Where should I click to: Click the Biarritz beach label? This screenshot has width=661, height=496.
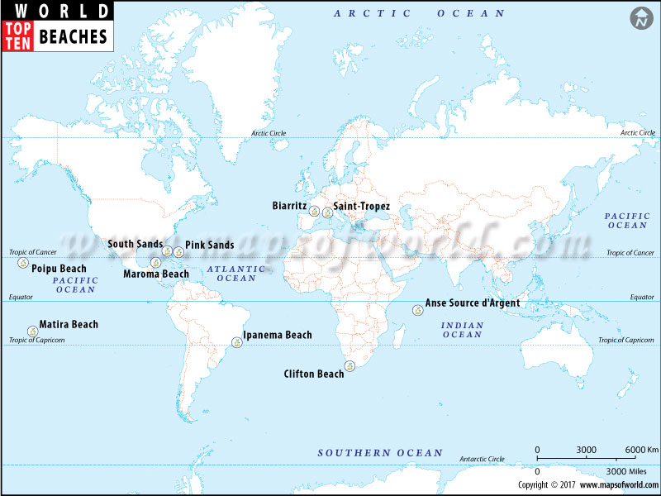click(290, 206)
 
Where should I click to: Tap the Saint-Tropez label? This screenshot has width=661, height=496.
click(361, 206)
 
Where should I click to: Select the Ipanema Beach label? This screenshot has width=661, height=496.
click(278, 335)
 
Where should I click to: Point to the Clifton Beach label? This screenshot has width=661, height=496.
click(313, 374)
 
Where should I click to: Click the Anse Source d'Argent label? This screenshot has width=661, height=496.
click(473, 303)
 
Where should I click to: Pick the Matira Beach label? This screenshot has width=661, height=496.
click(69, 325)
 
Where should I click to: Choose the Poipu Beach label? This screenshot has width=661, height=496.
click(59, 269)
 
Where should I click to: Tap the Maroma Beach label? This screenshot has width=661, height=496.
click(156, 274)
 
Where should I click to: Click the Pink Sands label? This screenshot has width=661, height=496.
click(209, 245)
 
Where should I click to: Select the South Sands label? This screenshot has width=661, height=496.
click(135, 244)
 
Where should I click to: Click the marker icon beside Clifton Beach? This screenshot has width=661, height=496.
click(350, 366)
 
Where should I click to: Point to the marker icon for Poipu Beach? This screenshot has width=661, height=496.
click(21, 264)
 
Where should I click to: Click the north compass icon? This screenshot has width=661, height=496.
click(640, 18)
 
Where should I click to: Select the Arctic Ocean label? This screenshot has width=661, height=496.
click(419, 13)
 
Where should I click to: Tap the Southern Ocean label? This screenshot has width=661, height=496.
click(380, 453)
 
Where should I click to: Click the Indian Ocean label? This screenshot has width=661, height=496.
click(462, 329)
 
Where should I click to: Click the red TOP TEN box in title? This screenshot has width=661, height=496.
click(17, 36)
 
